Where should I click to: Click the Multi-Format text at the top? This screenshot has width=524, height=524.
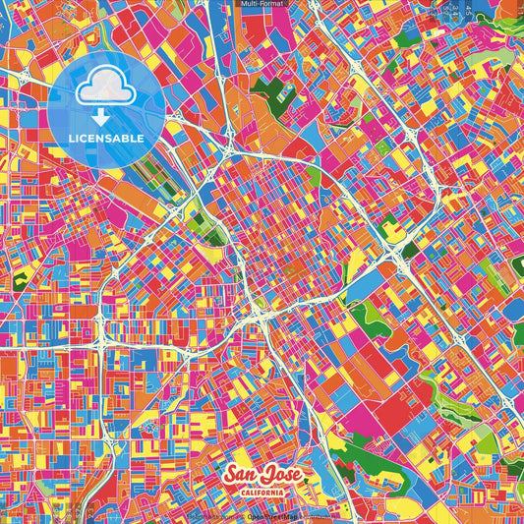click(262, 5)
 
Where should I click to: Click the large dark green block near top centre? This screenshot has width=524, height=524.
click(264, 96)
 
